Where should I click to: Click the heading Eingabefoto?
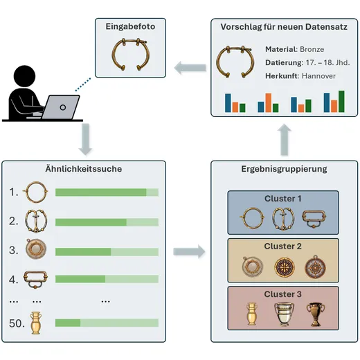130,26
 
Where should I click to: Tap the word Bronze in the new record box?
312,49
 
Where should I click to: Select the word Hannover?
318,76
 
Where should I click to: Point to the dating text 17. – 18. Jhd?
327,62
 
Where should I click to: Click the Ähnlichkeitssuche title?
84,169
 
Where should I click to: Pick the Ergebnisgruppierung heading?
284,169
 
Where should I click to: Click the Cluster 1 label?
283,199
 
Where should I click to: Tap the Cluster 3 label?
283,294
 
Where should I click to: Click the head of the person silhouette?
24,76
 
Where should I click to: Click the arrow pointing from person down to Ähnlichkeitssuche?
85,139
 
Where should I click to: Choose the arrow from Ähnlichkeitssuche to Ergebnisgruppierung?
189,251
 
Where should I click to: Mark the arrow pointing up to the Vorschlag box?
284,140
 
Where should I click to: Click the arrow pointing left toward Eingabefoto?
190,68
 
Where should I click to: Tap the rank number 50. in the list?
17,323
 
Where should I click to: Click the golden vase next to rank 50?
36,323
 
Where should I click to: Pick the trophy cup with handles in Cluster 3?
316,314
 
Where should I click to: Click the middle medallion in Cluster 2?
285,268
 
